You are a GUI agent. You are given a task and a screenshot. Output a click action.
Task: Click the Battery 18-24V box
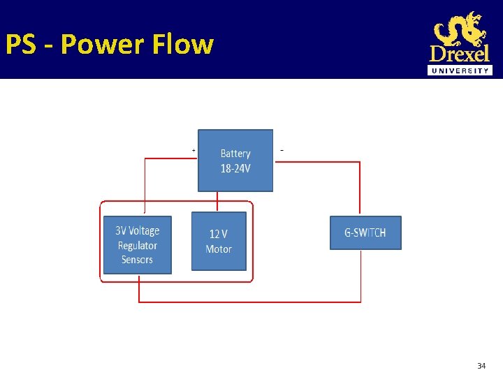coord(235,161)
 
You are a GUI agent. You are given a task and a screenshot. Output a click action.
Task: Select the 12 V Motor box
coord(219,242)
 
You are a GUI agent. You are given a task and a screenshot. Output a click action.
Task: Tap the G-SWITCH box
coord(365,233)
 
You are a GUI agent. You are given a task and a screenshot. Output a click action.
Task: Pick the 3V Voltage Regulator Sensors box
coord(137,245)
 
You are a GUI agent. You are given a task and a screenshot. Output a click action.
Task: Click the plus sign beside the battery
coord(194,149)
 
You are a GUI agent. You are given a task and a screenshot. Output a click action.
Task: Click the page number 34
coord(481,366)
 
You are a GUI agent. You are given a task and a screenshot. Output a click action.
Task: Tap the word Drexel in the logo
coord(460,54)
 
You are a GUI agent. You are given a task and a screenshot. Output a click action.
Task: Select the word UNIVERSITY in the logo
coord(460,71)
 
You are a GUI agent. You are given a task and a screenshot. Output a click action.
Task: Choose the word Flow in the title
coord(182,44)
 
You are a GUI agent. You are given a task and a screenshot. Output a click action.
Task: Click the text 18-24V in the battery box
coord(235,168)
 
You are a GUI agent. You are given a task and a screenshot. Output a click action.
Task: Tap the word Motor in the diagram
coord(219,249)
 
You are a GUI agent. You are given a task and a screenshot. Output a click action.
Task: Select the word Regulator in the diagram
coord(138,245)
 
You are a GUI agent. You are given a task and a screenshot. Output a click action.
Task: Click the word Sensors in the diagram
coord(137,260)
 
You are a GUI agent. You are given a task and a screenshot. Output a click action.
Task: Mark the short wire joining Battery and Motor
coord(218,202)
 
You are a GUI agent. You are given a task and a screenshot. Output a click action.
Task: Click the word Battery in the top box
coord(235,154)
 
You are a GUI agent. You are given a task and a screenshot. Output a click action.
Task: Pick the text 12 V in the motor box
coord(219,235)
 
